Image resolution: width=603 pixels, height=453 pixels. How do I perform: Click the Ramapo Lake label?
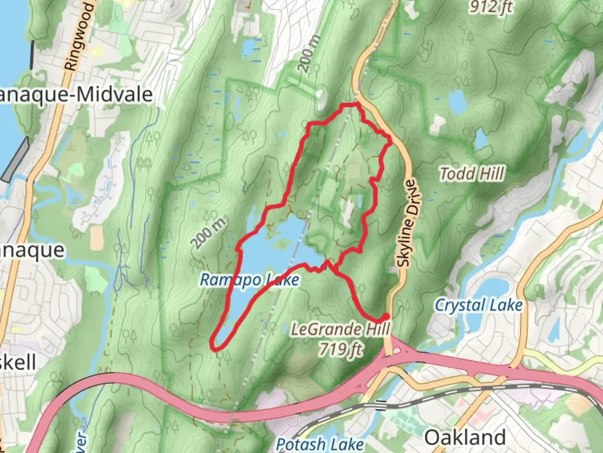pos(250,280)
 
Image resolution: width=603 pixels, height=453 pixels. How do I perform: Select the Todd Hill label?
pos(472,174)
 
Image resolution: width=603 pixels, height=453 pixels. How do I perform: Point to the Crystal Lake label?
pos(479,305)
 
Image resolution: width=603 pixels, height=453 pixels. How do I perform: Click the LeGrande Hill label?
pos(340,329)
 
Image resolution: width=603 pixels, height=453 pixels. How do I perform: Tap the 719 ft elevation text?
pos(340,348)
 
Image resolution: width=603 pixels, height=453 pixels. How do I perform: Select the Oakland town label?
pos(465,437)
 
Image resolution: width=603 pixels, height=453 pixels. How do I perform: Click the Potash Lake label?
pos(320,444)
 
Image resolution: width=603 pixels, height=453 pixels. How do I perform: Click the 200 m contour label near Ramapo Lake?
pos(209,233)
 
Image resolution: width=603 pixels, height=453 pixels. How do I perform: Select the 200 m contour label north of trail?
pos(310,53)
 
